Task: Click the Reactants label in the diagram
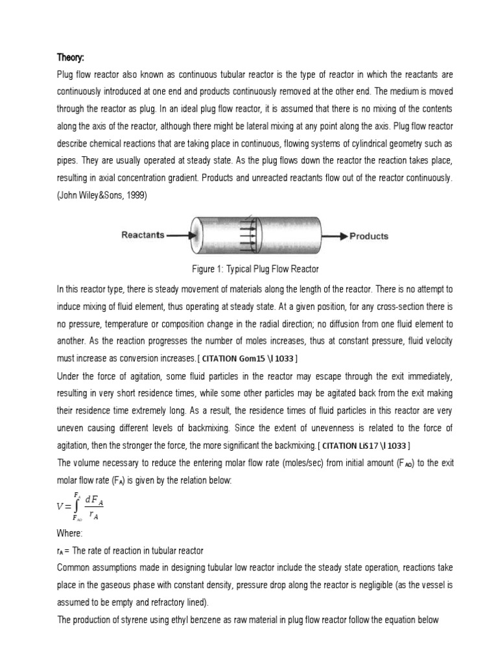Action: coord(143,235)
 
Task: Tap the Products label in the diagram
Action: coord(369,236)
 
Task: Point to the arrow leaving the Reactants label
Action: coord(179,236)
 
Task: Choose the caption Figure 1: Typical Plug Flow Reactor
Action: coord(248,268)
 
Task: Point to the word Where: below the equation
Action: coord(70,534)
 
